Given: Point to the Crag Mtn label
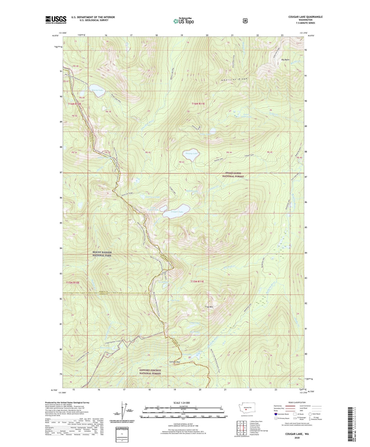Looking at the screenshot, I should (x=209, y=307).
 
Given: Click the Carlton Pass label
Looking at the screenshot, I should (x=175, y=362).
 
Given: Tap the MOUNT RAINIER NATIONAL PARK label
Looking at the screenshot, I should (x=102, y=254).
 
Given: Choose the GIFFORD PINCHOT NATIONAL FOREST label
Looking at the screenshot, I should (x=150, y=372).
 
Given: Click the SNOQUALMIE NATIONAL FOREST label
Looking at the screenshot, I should (x=233, y=175).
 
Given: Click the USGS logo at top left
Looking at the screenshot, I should (x=56, y=20).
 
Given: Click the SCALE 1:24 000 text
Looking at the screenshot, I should (x=182, y=403).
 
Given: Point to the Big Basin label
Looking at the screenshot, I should (x=285, y=60).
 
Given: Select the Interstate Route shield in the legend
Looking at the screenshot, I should (x=276, y=414).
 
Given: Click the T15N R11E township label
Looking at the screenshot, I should (x=197, y=281).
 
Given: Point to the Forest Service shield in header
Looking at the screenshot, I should (x=245, y=21).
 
